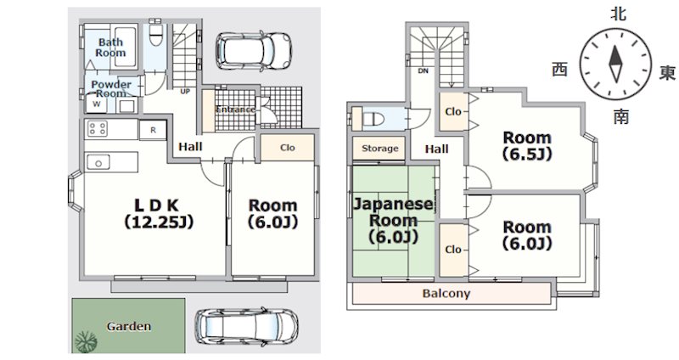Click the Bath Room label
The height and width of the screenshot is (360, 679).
coord(110,48)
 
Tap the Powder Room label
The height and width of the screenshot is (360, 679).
coord(111,88)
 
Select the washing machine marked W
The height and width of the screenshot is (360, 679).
coord(97,104)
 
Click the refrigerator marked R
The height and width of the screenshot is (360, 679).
coord(153,130)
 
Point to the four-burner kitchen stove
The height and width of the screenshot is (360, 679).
coord(98,129)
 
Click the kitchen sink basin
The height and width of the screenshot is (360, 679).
coord(98,163)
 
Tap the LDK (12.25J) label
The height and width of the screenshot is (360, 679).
coord(158,213)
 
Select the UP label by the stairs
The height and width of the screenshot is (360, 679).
coord(185,92)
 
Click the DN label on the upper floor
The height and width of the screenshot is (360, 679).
coord(423,70)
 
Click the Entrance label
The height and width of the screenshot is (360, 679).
coord(235,110)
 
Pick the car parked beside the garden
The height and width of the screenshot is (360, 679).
coord(246,328)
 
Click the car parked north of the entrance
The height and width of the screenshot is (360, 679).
coord(254,50)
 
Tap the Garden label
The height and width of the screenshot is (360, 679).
coord(129,326)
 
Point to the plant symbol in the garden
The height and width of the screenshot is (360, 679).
coord(86,342)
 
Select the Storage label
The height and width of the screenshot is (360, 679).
coord(379,148)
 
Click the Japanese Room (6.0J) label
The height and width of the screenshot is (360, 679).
coord(393,220)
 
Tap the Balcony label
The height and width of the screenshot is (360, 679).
coord(446,294)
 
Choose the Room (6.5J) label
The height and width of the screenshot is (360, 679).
coord(527,145)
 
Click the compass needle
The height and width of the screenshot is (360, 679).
coord(615,64)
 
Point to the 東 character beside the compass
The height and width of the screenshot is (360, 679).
coord(667,72)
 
